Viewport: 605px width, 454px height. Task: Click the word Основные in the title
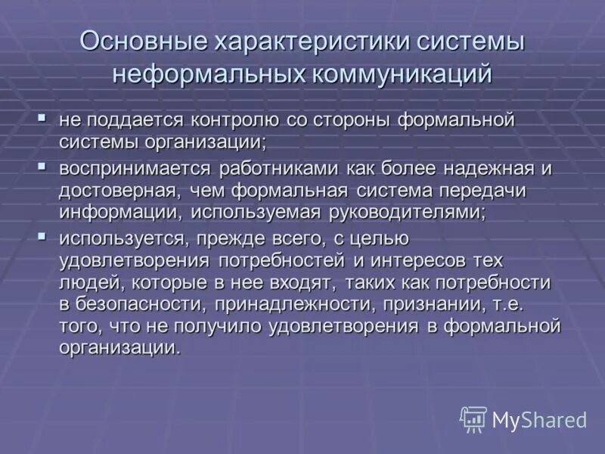point(144,42)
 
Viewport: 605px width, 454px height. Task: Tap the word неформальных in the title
point(206,75)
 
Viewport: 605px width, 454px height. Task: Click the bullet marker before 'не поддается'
point(42,118)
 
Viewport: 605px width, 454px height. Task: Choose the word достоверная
point(116,190)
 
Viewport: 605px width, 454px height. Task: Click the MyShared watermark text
point(540,420)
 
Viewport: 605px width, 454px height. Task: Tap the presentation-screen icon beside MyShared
point(473,419)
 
